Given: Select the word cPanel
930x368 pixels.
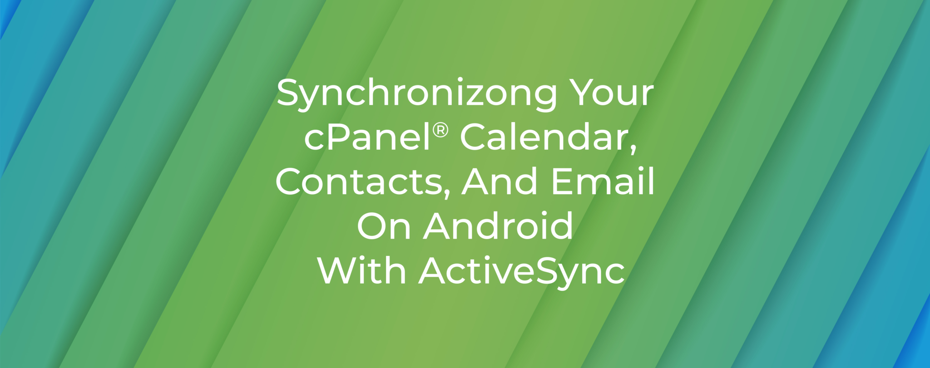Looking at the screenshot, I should pos(367,138).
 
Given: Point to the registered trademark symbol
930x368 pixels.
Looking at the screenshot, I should pos(440,131).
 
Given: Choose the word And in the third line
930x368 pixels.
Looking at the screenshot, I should pos(502,182).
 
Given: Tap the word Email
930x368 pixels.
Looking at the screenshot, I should pos(603,182).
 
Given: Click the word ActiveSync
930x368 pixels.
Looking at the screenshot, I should pos(522,271).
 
